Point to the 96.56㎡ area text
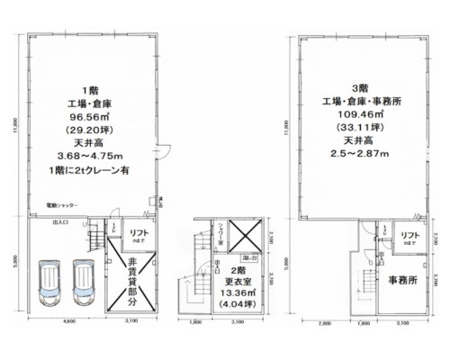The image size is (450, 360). [x=89, y=115]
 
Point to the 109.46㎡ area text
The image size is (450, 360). [x=360, y=115]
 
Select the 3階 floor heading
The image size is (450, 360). [x=360, y=88]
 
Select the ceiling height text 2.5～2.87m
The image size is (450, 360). [x=360, y=156]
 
